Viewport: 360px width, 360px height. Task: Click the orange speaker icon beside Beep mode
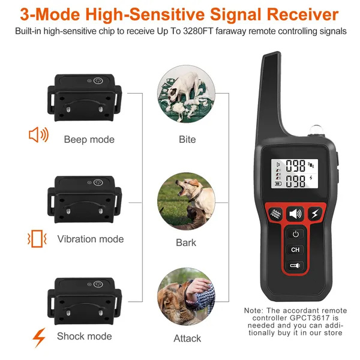38,135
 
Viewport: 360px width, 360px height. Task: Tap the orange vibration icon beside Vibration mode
38,239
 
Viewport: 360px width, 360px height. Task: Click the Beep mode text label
89,139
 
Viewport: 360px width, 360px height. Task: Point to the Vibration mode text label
91,239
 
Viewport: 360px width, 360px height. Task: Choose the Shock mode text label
84,336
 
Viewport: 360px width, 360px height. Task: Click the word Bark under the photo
187,243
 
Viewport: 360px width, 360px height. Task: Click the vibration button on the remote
275,214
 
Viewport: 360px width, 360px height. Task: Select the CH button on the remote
295,250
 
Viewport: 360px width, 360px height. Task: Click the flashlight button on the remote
295,265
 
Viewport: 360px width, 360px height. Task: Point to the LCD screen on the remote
295,173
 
